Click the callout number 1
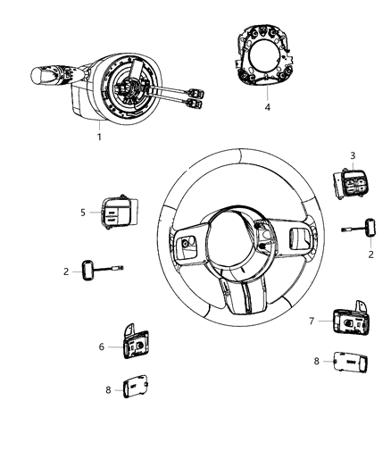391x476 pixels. (x=99, y=136)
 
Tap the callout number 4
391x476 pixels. (x=266, y=106)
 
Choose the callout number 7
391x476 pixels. (x=310, y=320)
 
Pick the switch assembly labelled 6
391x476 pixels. (x=136, y=342)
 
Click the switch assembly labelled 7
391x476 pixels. (x=342, y=318)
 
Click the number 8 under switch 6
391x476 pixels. (x=107, y=390)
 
